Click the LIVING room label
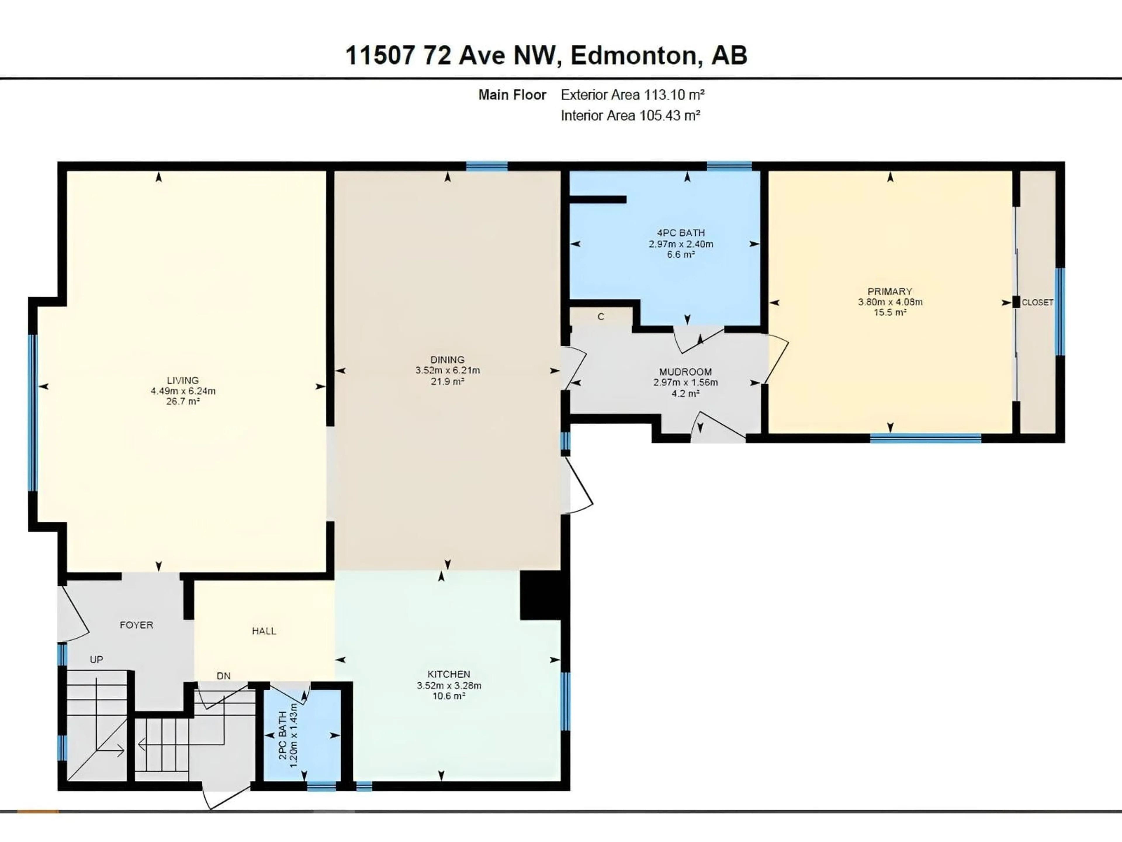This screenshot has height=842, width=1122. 183,380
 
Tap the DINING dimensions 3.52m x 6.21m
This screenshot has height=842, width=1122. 447,370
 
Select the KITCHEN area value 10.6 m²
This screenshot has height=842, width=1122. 449,696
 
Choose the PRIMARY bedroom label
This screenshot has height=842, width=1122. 890,291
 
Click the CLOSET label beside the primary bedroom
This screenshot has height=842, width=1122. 1037,303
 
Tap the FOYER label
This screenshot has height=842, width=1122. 136,625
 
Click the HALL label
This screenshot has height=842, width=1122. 264,631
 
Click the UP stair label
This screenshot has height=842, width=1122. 96,659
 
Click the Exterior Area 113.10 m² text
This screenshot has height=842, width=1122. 633,95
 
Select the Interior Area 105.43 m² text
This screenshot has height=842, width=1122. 631,116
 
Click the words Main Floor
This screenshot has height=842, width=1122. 512,95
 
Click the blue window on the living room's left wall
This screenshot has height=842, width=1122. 33,412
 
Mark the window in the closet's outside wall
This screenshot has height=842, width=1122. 1059,312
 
